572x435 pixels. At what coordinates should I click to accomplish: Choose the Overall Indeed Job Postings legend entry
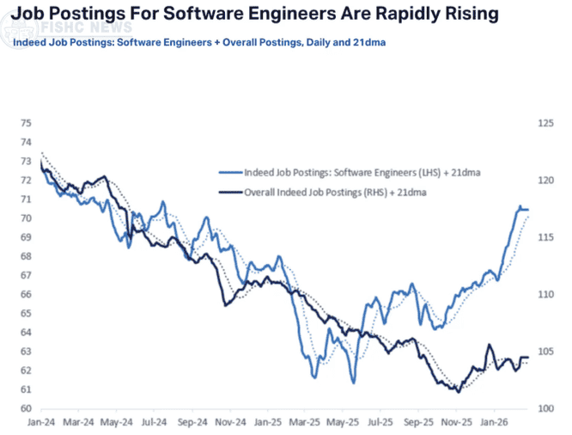coord(336,193)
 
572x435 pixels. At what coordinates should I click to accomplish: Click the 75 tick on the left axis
coord(26,123)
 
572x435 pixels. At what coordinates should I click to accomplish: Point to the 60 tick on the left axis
coord(26,408)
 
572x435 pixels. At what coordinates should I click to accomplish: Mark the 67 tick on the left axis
coord(26,275)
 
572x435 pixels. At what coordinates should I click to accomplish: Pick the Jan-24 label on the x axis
coord(41,422)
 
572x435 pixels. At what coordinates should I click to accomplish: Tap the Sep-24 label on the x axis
coord(192,422)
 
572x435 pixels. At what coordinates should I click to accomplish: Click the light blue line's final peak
coord(520,207)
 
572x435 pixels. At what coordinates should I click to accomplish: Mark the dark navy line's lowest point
coord(458,392)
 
